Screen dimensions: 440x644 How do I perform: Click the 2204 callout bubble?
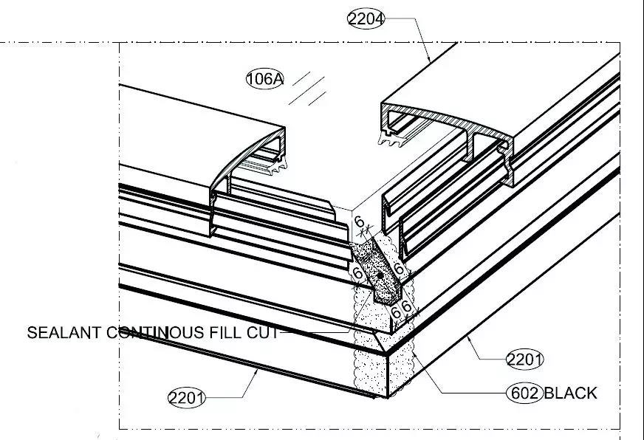366,19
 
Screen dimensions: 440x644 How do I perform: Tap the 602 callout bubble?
524,393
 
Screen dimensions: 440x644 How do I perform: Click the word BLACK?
569,393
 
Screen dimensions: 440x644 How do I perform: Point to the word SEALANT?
63,333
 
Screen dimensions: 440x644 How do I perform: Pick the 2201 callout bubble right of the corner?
524,360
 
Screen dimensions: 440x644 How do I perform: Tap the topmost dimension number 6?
360,221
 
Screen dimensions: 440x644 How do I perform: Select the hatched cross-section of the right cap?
443,122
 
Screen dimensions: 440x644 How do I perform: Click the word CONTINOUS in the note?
151,333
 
